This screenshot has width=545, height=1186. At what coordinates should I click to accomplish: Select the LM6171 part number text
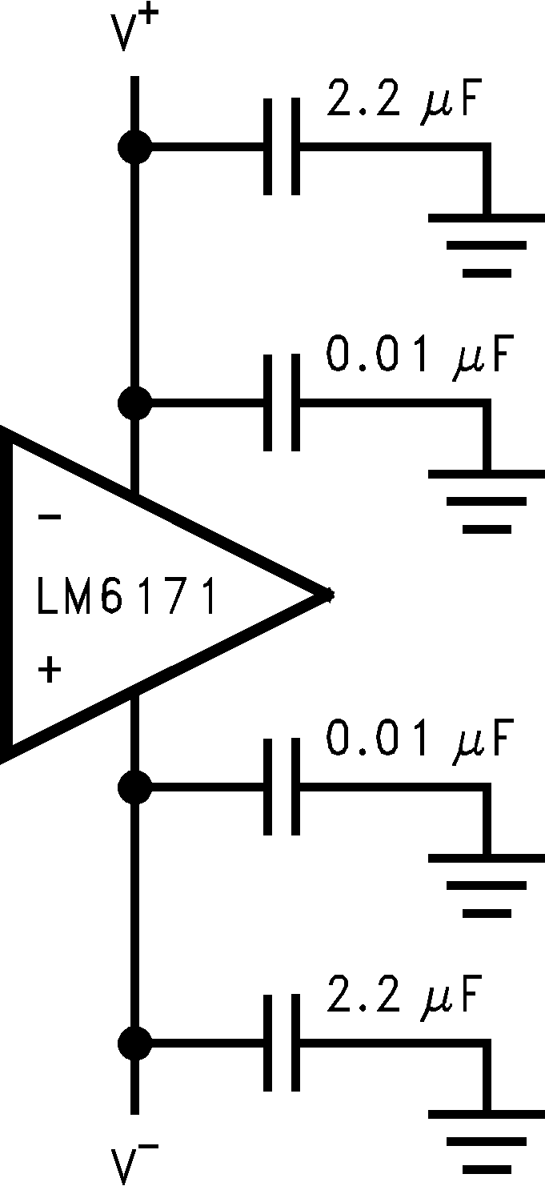coord(126,598)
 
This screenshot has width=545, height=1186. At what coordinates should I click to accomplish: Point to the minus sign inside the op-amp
coord(50,518)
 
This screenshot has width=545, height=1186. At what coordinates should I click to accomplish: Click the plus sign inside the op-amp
coord(50,669)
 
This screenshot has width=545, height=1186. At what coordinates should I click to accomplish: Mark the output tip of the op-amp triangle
coord(329,594)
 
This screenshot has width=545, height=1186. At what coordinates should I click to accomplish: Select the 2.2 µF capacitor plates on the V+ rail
coord(283,147)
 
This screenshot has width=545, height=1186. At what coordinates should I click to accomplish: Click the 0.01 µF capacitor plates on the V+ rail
coord(283,403)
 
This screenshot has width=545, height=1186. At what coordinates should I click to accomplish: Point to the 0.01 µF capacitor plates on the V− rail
coord(283,787)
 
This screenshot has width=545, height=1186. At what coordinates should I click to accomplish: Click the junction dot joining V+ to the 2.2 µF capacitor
coord(134,147)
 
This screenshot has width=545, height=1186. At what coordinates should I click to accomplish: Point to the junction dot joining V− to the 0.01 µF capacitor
coord(134,787)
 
